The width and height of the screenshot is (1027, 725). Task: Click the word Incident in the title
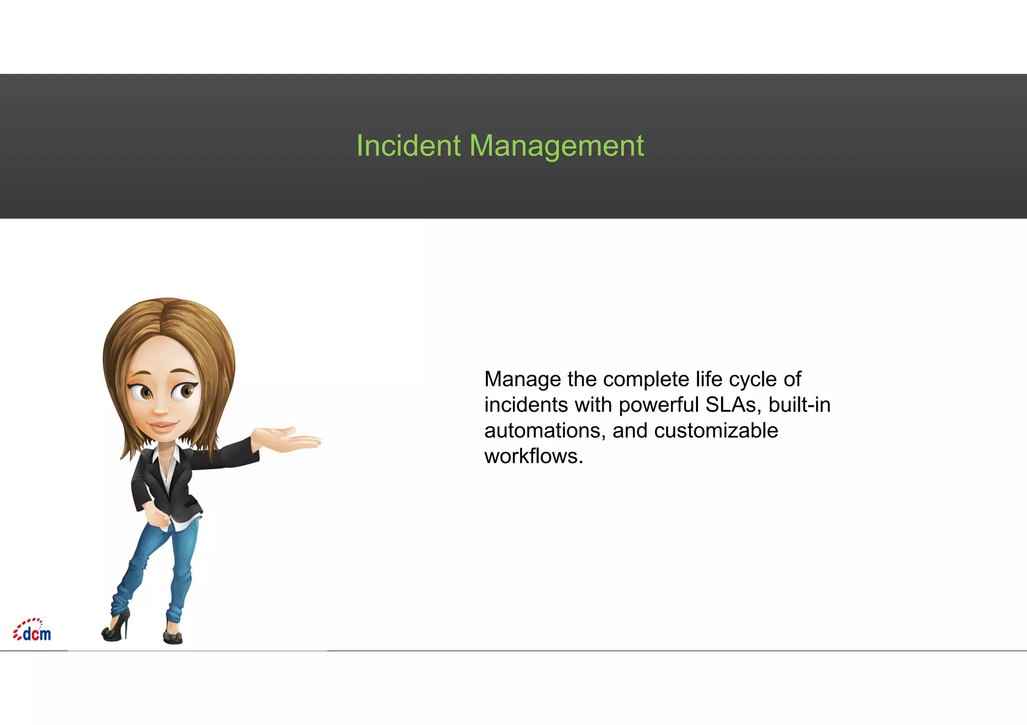[x=408, y=146]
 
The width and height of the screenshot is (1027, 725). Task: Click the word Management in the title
[x=556, y=146]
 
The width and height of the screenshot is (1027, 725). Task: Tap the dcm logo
[x=32, y=631]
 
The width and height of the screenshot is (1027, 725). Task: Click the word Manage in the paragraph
[x=523, y=380]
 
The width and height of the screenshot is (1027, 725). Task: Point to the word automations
[x=545, y=431]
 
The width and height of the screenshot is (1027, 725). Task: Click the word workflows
[x=533, y=456]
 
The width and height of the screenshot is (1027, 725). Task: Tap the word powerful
[x=659, y=405]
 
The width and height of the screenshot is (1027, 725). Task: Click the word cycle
[x=751, y=380]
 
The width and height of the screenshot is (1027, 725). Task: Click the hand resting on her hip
[x=156, y=516]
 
